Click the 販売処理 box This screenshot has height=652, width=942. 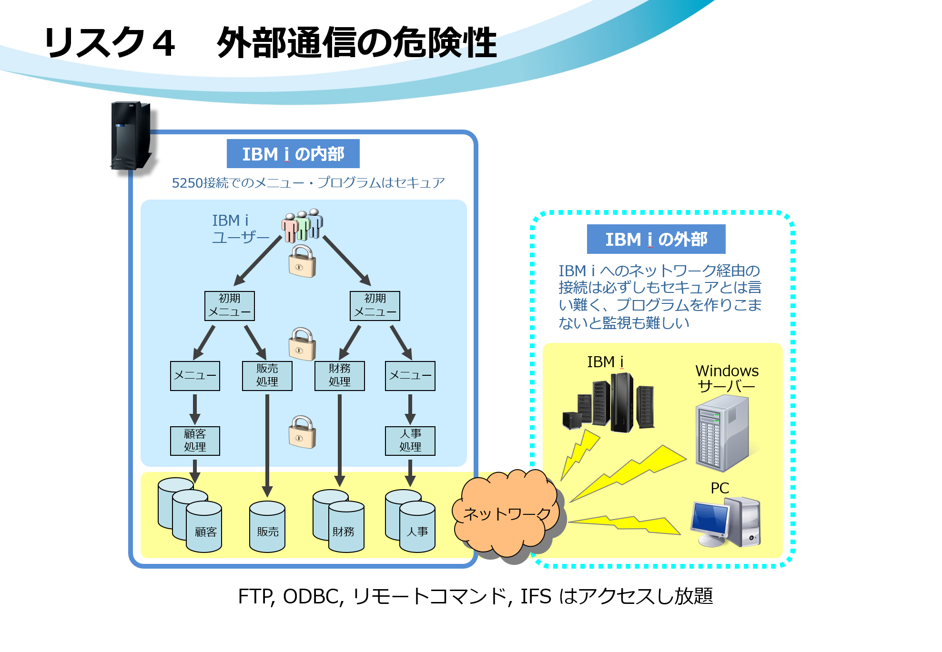[x=267, y=376]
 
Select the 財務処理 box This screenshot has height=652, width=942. [x=339, y=376]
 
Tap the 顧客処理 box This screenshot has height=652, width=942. [x=195, y=441]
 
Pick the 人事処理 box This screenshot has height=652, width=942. [x=410, y=441]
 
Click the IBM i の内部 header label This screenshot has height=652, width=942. [x=293, y=154]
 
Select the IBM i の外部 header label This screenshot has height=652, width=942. [x=656, y=239]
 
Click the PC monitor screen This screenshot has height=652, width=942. [x=710, y=517]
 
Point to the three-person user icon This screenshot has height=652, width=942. [x=302, y=225]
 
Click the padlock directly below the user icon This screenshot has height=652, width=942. [x=302, y=261]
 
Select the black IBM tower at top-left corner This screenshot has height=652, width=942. [x=131, y=136]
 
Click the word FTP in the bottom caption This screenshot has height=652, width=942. [x=255, y=596]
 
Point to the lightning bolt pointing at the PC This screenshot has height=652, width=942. [x=624, y=525]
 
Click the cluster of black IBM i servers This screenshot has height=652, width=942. [x=608, y=402]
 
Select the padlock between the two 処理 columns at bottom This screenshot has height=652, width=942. [x=302, y=431]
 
